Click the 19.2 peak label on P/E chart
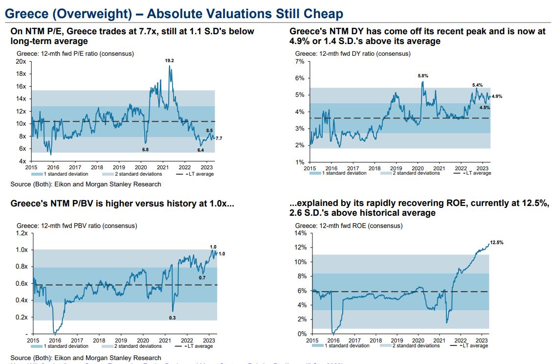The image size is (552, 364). pos(169,60)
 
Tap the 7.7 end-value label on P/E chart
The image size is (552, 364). pos(219,139)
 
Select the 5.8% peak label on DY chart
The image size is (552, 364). pos(423,76)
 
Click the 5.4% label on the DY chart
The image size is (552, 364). pos(477,85)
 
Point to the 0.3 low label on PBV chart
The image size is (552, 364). pos(172,318)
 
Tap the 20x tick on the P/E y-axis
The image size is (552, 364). pos(21,62)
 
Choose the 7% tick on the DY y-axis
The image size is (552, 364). pos(300,62)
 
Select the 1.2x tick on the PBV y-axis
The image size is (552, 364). pos(21,233)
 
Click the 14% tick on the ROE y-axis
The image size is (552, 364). pos(300,233)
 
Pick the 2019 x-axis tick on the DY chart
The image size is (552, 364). pos(396,168)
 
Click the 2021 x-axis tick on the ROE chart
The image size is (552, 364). pos(440,340)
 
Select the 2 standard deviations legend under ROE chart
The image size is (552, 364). pos(416,346)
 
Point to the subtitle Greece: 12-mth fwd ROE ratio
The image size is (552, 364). pos(349,226)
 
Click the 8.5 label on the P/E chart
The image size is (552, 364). pos(209,130)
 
